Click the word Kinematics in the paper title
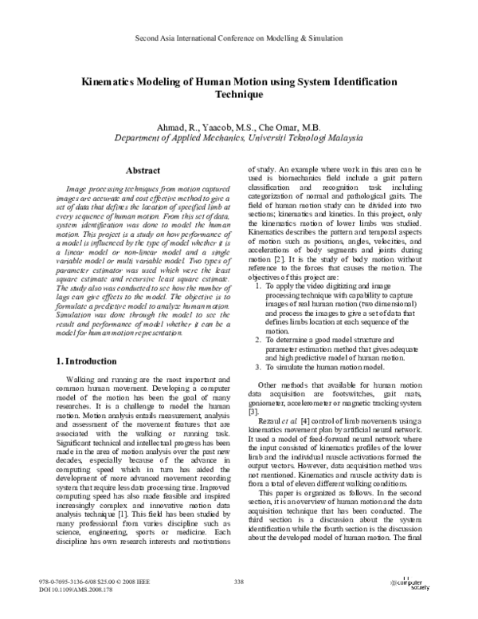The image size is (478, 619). tap(108, 81)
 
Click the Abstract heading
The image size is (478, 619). tap(145, 171)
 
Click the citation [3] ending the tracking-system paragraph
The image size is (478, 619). tap(253, 412)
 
